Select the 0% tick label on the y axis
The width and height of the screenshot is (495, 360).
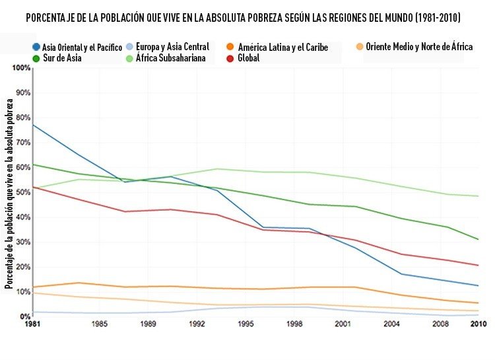click(x=25, y=316)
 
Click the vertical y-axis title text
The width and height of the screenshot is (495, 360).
click(x=9, y=192)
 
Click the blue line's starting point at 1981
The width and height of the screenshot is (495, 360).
click(x=33, y=125)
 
